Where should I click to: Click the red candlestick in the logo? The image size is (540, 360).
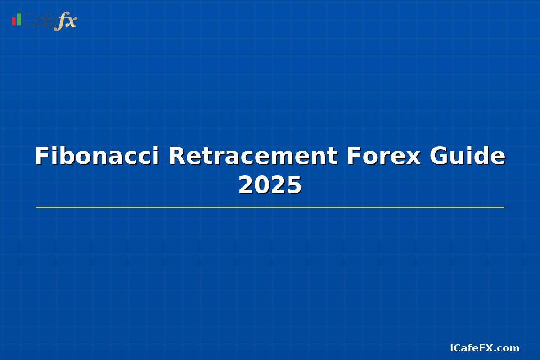[x=13, y=21]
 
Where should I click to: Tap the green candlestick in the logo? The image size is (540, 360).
[x=19, y=19]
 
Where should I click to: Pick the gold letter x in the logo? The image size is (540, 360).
[x=71, y=21]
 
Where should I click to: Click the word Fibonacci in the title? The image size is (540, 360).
[x=97, y=156]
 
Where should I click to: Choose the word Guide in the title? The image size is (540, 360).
[x=468, y=156]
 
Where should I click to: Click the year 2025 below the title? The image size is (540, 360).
[x=270, y=185]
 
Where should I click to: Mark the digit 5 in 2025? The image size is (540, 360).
[x=294, y=185]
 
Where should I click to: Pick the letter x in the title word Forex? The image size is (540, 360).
[x=414, y=158]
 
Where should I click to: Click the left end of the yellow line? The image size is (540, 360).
[x=37, y=207]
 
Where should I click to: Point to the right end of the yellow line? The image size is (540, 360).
[x=503, y=207]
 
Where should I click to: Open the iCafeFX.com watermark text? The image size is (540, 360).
[x=485, y=348]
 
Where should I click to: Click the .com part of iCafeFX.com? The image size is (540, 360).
[x=508, y=348]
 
